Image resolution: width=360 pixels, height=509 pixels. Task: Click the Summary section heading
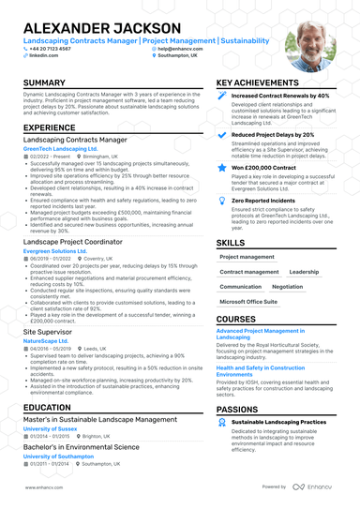(x=44, y=83)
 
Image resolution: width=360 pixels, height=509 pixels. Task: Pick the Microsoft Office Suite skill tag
(x=248, y=303)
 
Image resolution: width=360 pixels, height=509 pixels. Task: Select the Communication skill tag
(x=241, y=287)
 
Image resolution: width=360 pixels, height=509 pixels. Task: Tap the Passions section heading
(x=238, y=410)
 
